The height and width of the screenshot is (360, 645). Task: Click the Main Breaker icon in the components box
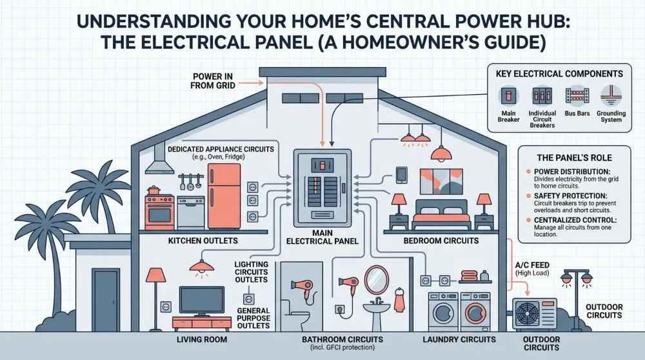click(508, 96)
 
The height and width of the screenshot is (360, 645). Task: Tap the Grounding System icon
click(611, 96)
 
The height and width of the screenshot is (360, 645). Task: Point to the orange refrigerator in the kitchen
click(224, 196)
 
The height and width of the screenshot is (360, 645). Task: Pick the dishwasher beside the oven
click(191, 212)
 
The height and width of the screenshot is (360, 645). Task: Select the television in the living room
click(201, 301)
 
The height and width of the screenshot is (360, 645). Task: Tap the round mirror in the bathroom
click(377, 280)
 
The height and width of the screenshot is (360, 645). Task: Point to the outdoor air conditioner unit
click(534, 314)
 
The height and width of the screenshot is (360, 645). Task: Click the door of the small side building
click(106, 300)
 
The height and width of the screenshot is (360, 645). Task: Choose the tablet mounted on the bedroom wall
click(401, 175)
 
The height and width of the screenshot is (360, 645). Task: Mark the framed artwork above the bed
click(441, 181)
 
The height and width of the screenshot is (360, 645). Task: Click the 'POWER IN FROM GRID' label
click(213, 81)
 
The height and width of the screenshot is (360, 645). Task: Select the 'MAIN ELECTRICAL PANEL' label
click(322, 237)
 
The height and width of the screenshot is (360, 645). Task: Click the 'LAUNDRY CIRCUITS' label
click(459, 339)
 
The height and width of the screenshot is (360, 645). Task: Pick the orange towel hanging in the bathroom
click(399, 300)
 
